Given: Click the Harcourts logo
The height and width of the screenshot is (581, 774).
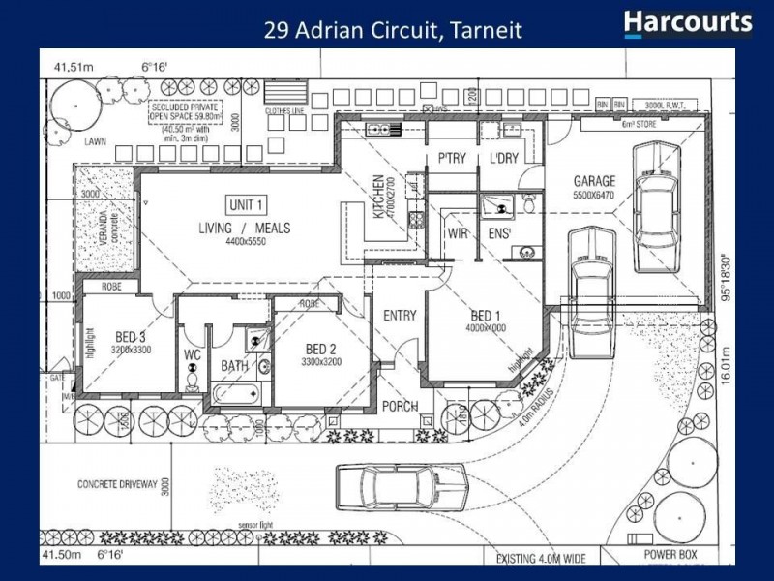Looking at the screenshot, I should (x=688, y=23).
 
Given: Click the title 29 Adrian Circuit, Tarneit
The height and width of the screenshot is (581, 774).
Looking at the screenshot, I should (x=393, y=30).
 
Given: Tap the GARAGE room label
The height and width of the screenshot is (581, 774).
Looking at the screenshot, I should (x=594, y=181).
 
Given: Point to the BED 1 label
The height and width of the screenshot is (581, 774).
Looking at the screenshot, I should (x=486, y=316).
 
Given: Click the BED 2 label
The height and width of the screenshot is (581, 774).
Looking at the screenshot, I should (x=320, y=350).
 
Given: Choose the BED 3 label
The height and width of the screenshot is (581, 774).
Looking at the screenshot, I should (x=129, y=336).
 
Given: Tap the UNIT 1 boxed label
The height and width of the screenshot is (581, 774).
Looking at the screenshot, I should (x=247, y=205).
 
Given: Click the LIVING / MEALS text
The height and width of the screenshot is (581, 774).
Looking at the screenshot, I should (x=245, y=229).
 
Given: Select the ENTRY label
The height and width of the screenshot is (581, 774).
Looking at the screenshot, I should (x=400, y=316).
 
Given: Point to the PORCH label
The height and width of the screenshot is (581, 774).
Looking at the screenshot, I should (x=399, y=406).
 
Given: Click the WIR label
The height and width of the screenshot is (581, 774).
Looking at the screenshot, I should (x=458, y=234).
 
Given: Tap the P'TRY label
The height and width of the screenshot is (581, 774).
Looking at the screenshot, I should (x=453, y=158).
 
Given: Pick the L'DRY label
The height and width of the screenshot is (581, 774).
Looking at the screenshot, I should (x=505, y=158).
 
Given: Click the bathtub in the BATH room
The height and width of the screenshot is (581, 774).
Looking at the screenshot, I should (x=235, y=393).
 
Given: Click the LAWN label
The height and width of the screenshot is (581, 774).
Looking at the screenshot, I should (x=94, y=141).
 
